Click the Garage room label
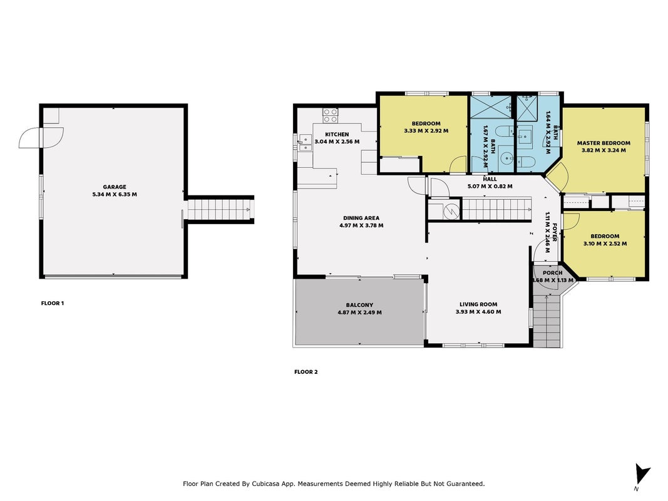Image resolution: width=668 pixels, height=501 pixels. pos(115,187)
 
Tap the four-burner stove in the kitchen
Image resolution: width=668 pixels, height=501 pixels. pos(330,115)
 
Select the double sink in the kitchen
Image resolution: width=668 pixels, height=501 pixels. pos(305,143)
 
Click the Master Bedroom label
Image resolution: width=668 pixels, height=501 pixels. pos(604,143)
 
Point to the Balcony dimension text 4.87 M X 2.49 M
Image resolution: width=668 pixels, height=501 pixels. pos(359,312)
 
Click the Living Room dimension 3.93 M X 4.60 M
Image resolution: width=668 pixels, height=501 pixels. pos(478,312)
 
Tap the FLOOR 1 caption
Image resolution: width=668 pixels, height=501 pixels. pos(53,303)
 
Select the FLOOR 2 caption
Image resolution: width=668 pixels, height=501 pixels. pos(306,372)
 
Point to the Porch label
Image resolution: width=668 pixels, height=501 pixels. pos(553,272)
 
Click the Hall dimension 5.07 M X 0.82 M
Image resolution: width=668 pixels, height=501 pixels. pos(490,186)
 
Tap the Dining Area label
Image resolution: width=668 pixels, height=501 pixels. pos(361,218)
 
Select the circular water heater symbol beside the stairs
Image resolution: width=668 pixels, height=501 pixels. pos(451,211)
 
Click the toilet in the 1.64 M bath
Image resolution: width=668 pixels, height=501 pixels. pos(525,162)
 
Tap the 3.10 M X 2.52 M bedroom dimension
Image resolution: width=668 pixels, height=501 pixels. pos(605,244)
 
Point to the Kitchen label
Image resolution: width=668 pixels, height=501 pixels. pos(337,134)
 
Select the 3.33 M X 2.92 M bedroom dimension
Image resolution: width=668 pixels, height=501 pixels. pos(426,131)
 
